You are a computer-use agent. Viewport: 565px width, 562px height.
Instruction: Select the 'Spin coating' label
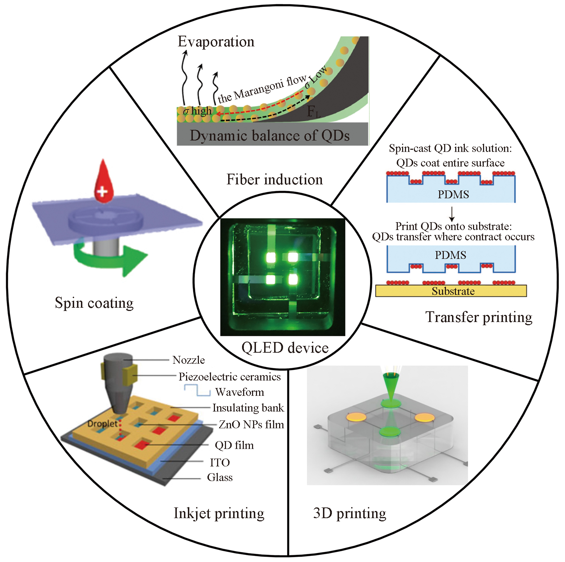94,303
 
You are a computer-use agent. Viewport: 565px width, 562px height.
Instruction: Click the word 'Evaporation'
216,42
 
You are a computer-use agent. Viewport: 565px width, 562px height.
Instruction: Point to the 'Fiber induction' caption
274,179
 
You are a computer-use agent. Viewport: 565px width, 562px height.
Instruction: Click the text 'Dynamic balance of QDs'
269,136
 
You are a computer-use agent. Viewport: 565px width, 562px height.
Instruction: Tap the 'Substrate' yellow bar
451,291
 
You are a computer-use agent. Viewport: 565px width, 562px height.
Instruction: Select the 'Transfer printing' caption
479,317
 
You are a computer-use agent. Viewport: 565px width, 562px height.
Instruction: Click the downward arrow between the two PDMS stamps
452,214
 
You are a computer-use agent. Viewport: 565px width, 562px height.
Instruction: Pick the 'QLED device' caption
285,348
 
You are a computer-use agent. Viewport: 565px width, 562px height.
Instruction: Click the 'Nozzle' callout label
189,360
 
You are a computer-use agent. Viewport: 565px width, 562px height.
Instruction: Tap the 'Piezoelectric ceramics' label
230,377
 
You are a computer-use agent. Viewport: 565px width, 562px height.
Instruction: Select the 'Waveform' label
240,392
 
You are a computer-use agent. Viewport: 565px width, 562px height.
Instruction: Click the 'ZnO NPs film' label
251,424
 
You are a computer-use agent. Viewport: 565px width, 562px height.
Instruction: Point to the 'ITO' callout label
220,463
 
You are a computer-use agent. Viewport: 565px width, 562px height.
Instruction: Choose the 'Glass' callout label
220,477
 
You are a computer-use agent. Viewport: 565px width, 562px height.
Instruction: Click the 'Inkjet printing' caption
219,514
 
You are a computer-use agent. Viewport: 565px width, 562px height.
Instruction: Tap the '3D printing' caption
350,514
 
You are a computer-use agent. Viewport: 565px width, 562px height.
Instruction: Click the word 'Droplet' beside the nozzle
102,424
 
